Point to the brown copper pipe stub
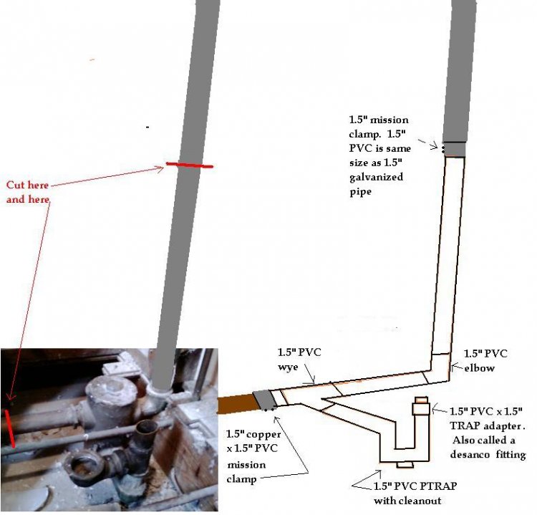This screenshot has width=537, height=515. [235, 403]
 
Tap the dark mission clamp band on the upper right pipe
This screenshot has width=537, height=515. [454, 149]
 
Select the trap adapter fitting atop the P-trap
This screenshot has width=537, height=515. [420, 408]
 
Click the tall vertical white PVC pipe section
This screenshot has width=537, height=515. [452, 251]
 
